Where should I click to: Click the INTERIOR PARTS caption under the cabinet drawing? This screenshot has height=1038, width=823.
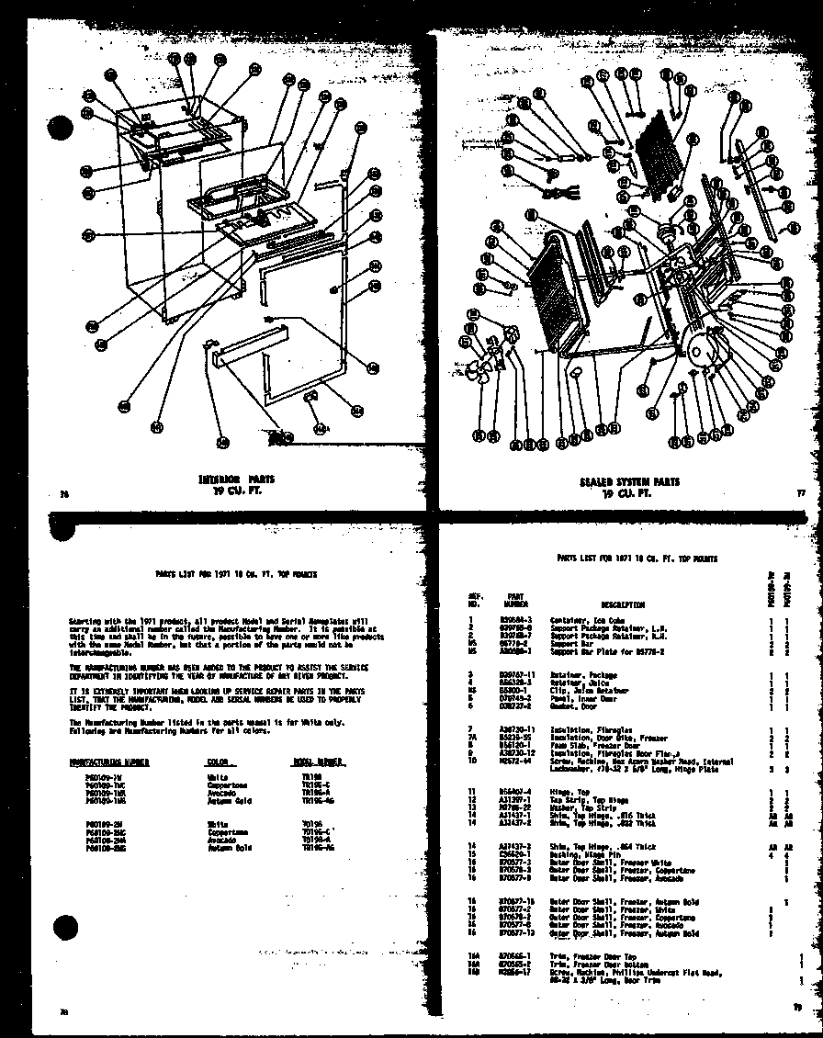[x=236, y=484]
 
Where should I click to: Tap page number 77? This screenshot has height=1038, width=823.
[x=800, y=494]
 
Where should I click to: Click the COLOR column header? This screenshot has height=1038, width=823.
[x=218, y=762]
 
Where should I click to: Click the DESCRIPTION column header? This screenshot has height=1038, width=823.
[x=622, y=604]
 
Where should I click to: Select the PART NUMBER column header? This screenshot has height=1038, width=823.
[x=514, y=601]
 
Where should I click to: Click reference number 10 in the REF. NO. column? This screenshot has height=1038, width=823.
[x=471, y=761]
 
